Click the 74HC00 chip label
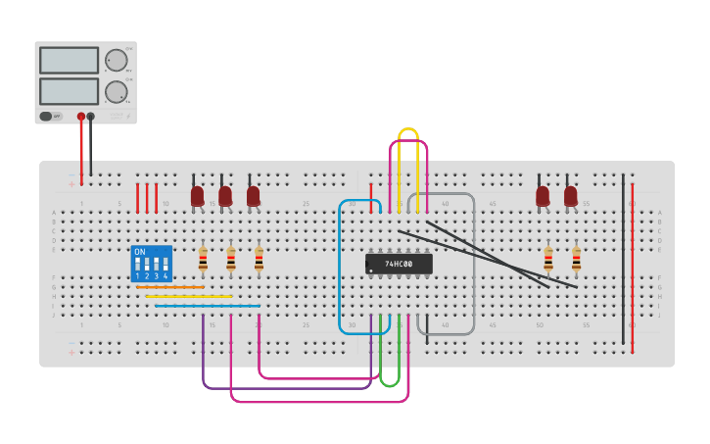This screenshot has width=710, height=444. (399, 264)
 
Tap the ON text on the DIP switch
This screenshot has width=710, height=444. (139, 252)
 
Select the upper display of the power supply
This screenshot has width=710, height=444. (69, 60)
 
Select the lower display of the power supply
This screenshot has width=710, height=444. (69, 91)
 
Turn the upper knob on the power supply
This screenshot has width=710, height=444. (117, 60)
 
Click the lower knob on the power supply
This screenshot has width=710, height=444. (117, 92)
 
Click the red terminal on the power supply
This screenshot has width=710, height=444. (81, 117)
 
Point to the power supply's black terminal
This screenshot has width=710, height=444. (91, 117)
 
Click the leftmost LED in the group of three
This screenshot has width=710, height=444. (197, 195)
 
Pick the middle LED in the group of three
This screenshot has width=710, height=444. (225, 195)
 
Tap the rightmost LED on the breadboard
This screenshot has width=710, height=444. (571, 195)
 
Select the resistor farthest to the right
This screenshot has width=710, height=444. (576, 259)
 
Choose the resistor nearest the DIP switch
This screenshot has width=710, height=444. (203, 259)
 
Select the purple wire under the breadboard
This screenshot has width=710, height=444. (284, 388)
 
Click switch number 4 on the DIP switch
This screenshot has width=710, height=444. (165, 267)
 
